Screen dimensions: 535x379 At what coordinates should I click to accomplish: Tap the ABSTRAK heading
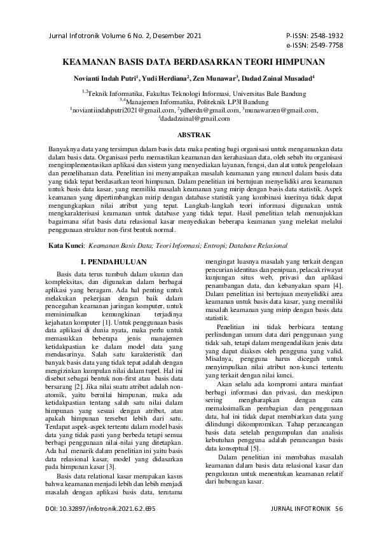189,135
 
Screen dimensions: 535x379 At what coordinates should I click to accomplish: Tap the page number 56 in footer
338,509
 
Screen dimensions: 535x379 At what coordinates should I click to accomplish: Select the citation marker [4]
340,287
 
